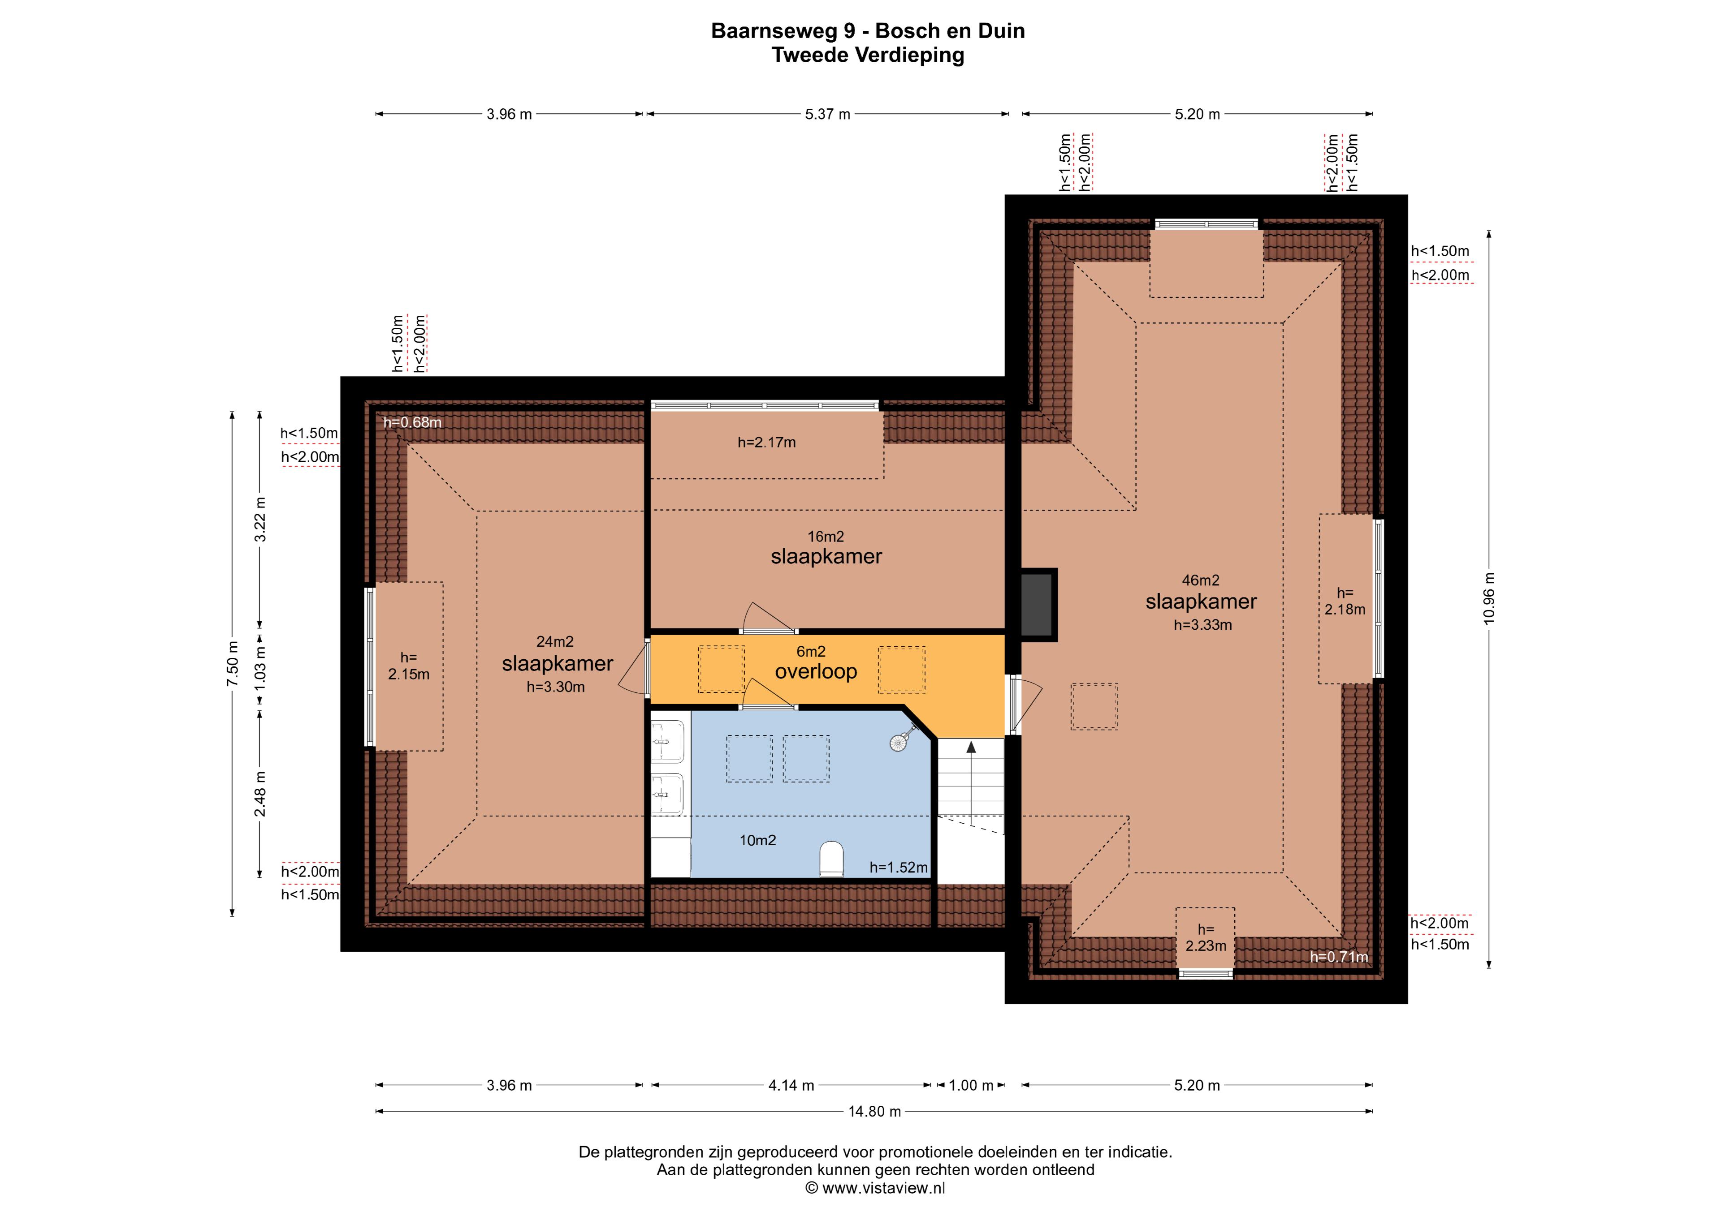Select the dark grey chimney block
click(x=1038, y=605)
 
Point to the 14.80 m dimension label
click(x=874, y=1112)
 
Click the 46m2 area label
click(x=1200, y=580)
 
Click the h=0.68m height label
click(x=412, y=422)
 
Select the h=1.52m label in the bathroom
click(x=899, y=868)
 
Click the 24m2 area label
click(x=555, y=641)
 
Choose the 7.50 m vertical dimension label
click(x=232, y=664)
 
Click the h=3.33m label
click(x=1202, y=625)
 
